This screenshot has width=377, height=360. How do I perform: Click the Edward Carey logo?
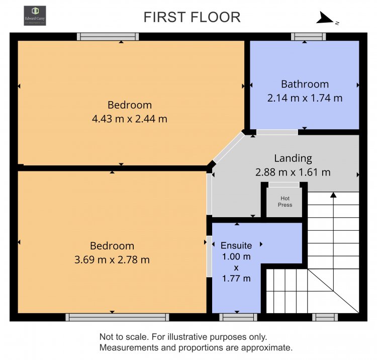[35, 16]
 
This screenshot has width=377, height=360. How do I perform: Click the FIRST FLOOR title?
[192, 17]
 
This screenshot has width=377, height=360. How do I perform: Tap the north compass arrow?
[326, 18]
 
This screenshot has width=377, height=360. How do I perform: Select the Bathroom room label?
[305, 84]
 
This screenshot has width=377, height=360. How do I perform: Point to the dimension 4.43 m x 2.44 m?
[130, 119]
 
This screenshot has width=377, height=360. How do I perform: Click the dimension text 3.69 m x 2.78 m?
[112, 260]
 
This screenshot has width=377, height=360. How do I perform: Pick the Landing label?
[293, 158]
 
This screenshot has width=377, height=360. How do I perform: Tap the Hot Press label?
[285, 202]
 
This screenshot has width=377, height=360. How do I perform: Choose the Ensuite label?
[236, 245]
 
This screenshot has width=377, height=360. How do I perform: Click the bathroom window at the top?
[309, 37]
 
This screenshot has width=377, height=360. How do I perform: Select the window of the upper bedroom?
[108, 37]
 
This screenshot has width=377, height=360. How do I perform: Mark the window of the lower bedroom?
[117, 317]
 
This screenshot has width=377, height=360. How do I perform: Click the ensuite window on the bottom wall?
[238, 317]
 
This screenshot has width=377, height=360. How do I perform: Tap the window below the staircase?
[325, 317]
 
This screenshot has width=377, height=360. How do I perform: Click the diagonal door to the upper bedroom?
[229, 147]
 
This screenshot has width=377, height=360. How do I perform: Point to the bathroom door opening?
[277, 132]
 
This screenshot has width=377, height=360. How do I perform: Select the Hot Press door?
[284, 185]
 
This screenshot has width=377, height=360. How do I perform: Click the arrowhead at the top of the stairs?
[333, 195]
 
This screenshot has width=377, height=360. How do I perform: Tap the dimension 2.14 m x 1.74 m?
[305, 98]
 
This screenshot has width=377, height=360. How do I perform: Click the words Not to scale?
[124, 337]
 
